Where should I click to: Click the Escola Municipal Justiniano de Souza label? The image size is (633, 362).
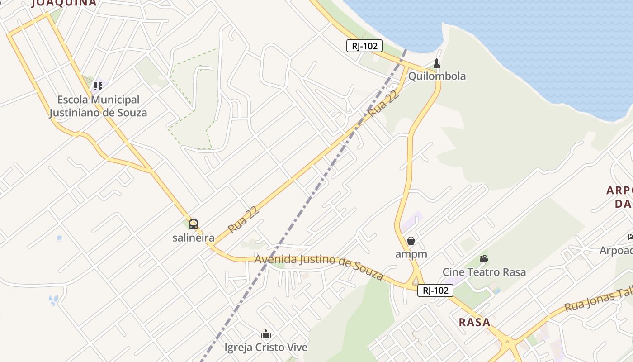click(x=98, y=106)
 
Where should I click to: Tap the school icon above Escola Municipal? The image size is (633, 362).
click(x=98, y=86)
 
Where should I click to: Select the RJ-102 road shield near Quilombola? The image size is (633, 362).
click(x=364, y=46)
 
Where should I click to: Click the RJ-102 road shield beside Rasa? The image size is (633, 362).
click(x=435, y=291)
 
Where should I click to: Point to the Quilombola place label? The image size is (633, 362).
click(x=437, y=76)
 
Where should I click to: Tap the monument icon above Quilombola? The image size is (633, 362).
click(x=437, y=63)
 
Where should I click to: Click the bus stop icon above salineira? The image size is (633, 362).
click(x=194, y=224)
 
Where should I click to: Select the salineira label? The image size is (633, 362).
click(x=194, y=237)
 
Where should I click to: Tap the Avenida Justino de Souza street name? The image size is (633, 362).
click(x=319, y=266)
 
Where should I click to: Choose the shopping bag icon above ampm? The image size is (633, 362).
click(x=411, y=241)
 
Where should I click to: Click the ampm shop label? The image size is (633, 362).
click(x=411, y=254)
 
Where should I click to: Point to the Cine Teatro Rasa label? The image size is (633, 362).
click(x=484, y=272)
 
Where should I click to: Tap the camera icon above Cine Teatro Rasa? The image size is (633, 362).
click(x=484, y=259)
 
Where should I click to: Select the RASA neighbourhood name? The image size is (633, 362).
click(x=474, y=322)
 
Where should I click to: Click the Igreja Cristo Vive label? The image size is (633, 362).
click(x=266, y=348)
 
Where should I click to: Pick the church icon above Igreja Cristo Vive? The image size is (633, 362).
click(x=266, y=334)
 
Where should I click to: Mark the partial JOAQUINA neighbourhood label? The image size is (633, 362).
click(x=64, y=3)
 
